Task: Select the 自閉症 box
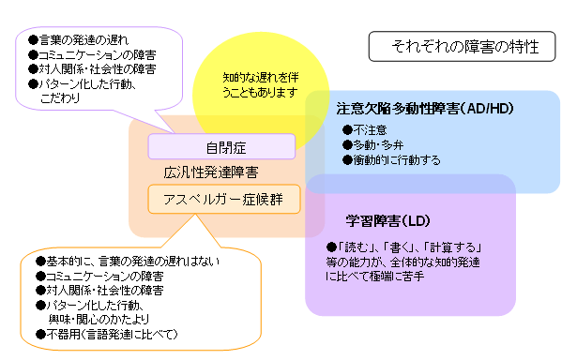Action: coord(222,147)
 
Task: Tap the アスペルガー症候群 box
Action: coord(223,198)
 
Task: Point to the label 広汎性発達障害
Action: coord(211,172)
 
